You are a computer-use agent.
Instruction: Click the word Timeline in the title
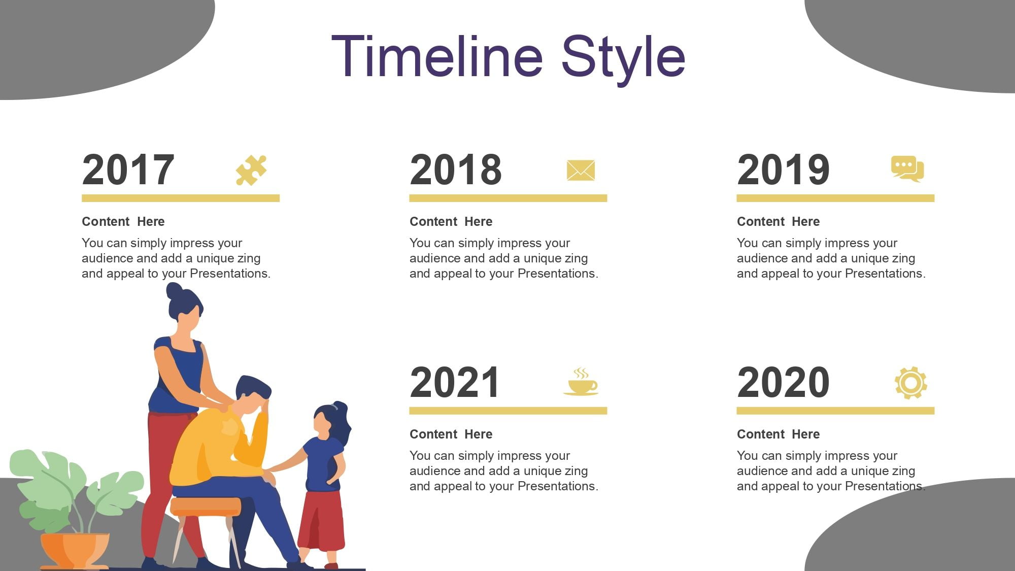(437, 56)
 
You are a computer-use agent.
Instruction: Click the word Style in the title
(623, 60)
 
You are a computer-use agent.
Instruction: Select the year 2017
(128, 170)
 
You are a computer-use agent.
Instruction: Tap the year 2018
(456, 170)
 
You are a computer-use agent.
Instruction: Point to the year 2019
(783, 170)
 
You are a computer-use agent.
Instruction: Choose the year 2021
(455, 382)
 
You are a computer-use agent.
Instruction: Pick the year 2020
(783, 382)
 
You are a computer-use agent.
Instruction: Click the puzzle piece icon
(251, 170)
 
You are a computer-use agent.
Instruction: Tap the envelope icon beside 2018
(581, 171)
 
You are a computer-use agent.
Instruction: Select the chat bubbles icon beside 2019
(907, 169)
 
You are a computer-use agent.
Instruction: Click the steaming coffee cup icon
(581, 382)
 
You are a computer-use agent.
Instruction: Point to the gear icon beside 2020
(910, 383)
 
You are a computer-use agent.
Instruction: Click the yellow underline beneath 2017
(181, 198)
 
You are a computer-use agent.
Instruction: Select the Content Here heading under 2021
(451, 434)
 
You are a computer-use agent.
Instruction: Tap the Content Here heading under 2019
(778, 222)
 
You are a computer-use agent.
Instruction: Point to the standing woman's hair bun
(174, 291)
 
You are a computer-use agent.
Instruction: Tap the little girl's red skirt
(321, 520)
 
